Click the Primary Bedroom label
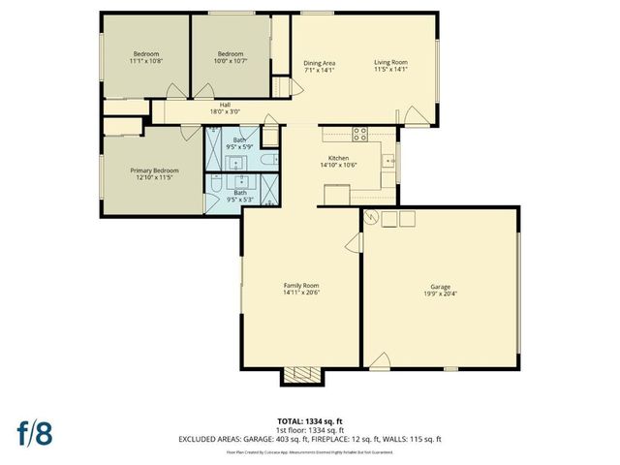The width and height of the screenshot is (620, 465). pyautogui.click(x=155, y=170)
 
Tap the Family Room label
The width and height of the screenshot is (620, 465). pyautogui.click(x=301, y=286)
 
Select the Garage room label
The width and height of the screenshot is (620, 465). pyautogui.click(x=441, y=286)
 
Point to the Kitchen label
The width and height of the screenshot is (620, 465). pyautogui.click(x=338, y=158)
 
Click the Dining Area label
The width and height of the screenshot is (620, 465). pyautogui.click(x=319, y=63)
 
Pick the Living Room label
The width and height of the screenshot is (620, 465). pyautogui.click(x=391, y=63)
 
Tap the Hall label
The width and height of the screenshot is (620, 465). pyautogui.click(x=225, y=105)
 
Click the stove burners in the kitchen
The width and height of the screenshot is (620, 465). pyautogui.click(x=360, y=134)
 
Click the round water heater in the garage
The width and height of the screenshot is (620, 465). pyautogui.click(x=370, y=219)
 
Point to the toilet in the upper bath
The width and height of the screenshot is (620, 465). pyautogui.click(x=269, y=156)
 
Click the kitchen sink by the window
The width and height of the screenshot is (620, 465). pyautogui.click(x=387, y=160)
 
